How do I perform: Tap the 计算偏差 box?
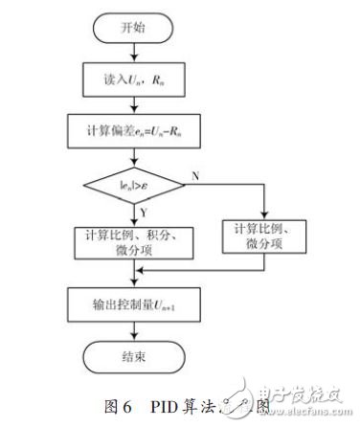(x=134, y=127)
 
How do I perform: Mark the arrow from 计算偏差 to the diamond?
(x=134, y=153)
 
